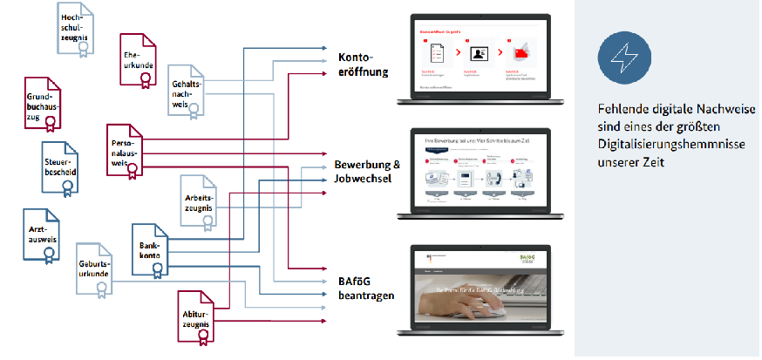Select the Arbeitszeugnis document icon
pyautogui.click(x=200, y=200)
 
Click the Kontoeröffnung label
pyautogui.click(x=363, y=64)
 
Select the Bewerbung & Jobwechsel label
pyautogui.click(x=367, y=171)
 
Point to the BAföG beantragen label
pyautogui.click(x=366, y=288)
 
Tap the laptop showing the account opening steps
pyautogui.click(x=480, y=62)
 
